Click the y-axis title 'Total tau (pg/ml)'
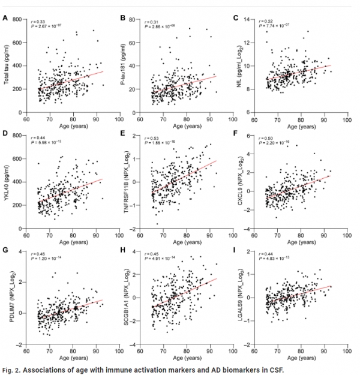[x=8, y=66]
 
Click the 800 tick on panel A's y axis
[x=17, y=20]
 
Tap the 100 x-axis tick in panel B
[x=227, y=118]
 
